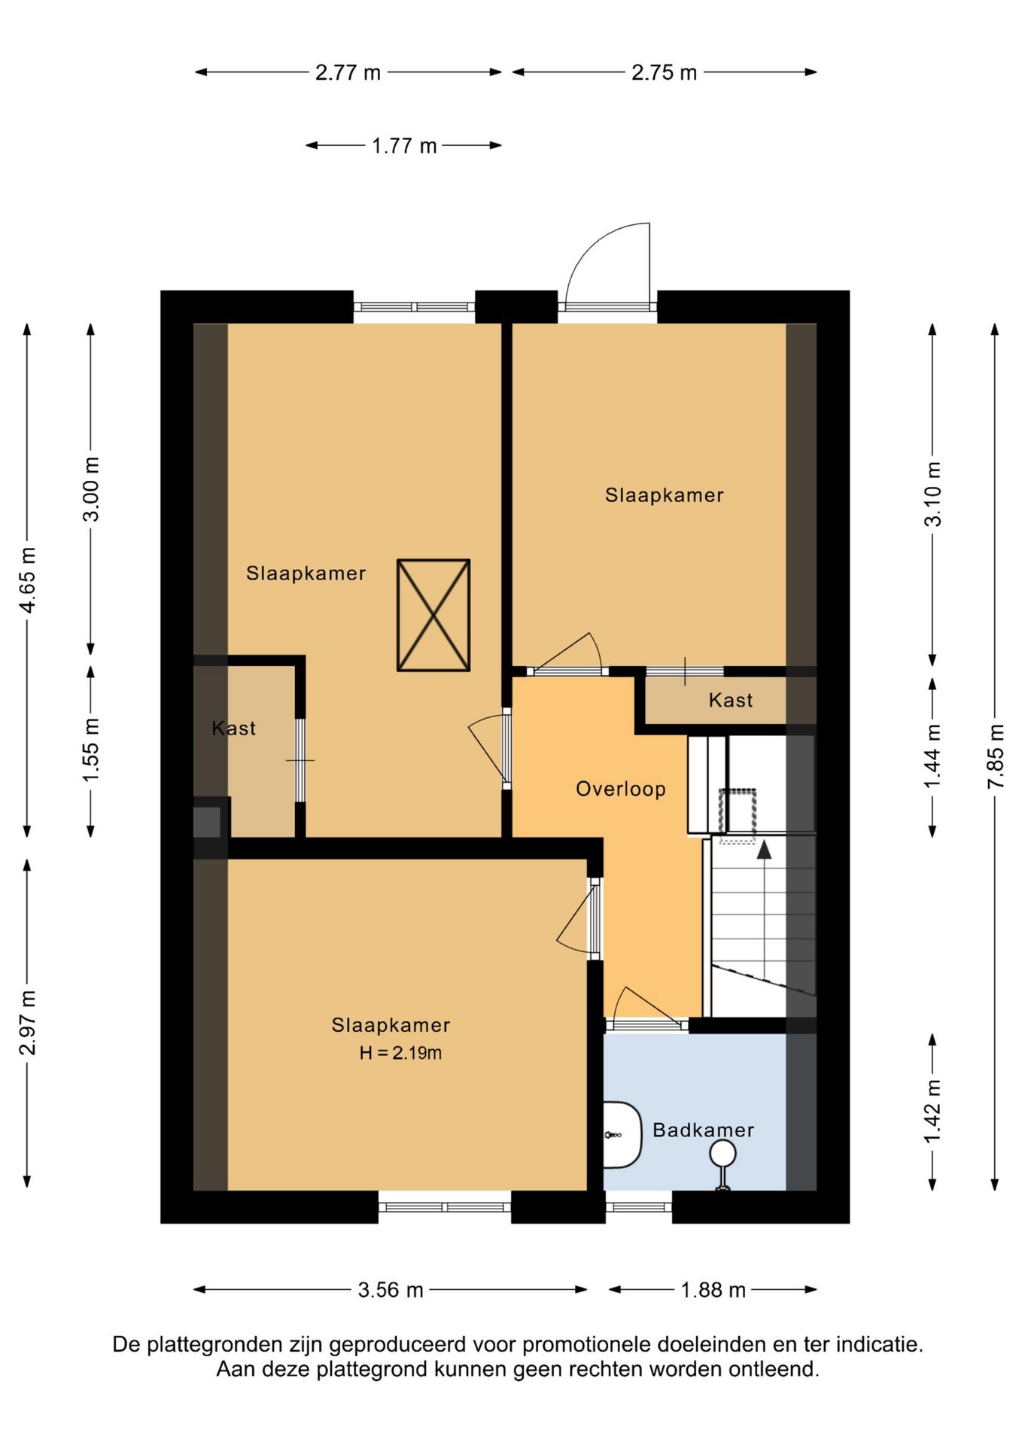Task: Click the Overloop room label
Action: pyautogui.click(x=620, y=789)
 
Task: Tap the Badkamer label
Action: pyautogui.click(x=702, y=1130)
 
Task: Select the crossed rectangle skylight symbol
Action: pyautogui.click(x=433, y=615)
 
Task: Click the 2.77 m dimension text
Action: pyautogui.click(x=348, y=72)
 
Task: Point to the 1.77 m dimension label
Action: pyautogui.click(x=404, y=145)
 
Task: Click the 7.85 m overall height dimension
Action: pyautogui.click(x=996, y=756)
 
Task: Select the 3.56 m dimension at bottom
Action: pyautogui.click(x=391, y=1290)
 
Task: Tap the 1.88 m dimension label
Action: pyautogui.click(x=713, y=1290)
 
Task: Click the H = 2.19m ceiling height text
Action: pyautogui.click(x=400, y=1053)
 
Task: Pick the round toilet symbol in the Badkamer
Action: pyautogui.click(x=722, y=1153)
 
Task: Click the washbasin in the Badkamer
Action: pyautogui.click(x=622, y=1134)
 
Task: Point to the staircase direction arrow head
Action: pyautogui.click(x=764, y=850)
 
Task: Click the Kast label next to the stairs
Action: pyautogui.click(x=730, y=700)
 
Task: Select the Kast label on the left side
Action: pyautogui.click(x=233, y=728)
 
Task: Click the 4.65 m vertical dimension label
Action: pyautogui.click(x=28, y=580)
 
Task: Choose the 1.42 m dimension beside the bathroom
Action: pyautogui.click(x=932, y=1111)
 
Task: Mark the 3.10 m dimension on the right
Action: pyautogui.click(x=932, y=494)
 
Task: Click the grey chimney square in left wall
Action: pyautogui.click(x=207, y=822)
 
